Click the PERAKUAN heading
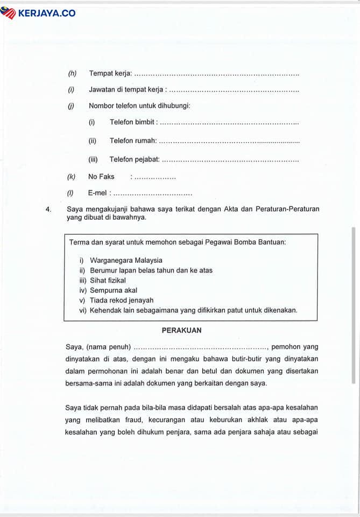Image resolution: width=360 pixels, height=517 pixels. (x=181, y=330)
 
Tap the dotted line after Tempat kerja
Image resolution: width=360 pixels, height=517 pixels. (x=216, y=74)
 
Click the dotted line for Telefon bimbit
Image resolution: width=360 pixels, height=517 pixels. (x=229, y=123)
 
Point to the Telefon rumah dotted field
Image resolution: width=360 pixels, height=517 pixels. (x=229, y=141)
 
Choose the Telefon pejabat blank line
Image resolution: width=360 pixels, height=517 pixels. (x=230, y=160)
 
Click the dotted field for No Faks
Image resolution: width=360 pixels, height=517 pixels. (x=155, y=177)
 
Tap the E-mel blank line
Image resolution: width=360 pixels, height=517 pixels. (x=153, y=193)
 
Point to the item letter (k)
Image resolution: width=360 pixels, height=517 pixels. (x=71, y=177)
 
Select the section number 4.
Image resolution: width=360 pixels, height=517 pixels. (x=48, y=209)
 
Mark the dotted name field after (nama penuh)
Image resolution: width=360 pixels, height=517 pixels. (x=200, y=347)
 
